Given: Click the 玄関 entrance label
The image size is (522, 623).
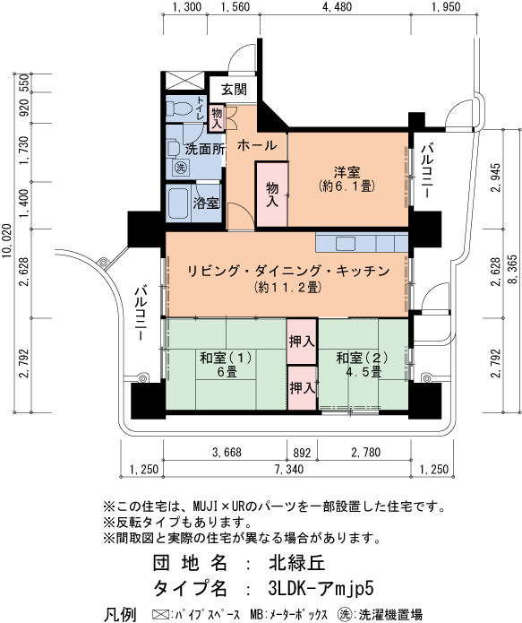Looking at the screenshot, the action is tap(234, 90).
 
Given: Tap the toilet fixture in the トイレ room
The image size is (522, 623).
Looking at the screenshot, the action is tap(178, 108).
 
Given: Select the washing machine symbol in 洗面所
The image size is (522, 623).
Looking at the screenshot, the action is tap(181, 168).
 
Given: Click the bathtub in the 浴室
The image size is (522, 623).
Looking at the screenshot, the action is tap(178, 203).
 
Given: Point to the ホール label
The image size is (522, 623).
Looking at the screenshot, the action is tap(257, 145).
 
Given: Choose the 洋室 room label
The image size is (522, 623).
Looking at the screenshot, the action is tap(347, 172).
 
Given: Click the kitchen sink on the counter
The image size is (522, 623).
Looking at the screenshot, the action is tap(346, 243).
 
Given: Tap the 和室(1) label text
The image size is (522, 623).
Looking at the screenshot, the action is tap(227, 358).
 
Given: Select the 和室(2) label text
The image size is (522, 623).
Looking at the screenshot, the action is tap(362, 358).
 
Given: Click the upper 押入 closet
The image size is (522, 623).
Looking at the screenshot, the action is tap(302, 342).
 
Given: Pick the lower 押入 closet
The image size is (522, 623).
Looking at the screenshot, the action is tap(302, 388).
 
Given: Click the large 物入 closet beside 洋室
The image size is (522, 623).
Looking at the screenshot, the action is tap(272, 195).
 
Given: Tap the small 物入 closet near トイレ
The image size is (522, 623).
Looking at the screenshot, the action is tap(217, 117).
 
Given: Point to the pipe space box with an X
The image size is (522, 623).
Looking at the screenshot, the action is tap(184, 81).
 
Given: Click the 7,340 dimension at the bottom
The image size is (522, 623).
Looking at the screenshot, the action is tap(289, 469).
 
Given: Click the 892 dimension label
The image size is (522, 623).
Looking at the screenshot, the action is tap(302, 453).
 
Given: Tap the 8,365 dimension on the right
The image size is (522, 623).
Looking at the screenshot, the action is tap(513, 269).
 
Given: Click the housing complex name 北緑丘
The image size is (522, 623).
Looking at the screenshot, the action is tap(297, 563).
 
